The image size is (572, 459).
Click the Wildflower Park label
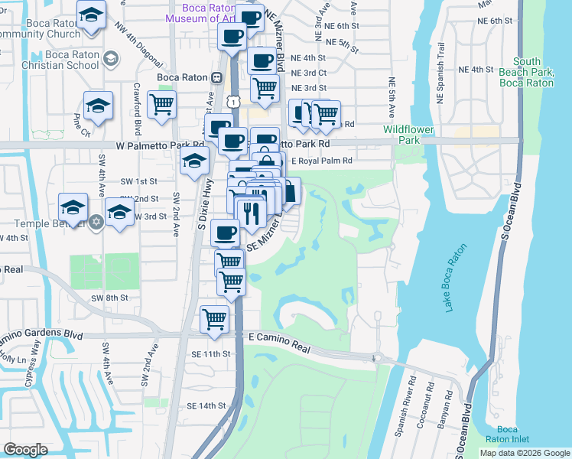(x=412, y=135)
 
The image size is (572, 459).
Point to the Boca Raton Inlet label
(x=508, y=435)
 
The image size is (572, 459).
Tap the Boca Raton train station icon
(x=217, y=77)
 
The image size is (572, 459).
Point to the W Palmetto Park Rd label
(x=161, y=144)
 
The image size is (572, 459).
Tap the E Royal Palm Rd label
(x=321, y=161)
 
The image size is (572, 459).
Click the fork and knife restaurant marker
(x=249, y=210)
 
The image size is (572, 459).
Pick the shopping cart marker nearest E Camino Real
(x=214, y=317)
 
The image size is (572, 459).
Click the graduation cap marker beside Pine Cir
(x=98, y=107)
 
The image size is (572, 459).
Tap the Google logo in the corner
(x=26, y=450)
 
